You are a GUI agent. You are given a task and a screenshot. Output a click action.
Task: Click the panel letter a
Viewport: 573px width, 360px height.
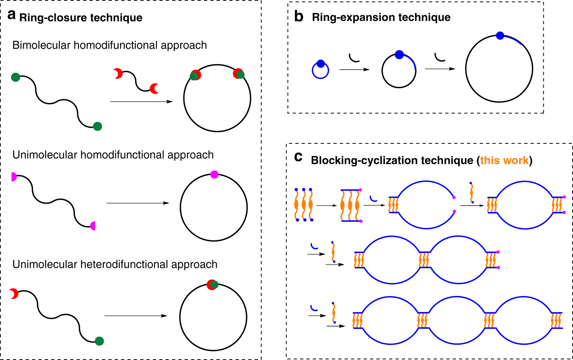coord(12,15)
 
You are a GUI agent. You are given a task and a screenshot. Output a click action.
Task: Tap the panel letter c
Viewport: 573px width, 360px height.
coord(298,157)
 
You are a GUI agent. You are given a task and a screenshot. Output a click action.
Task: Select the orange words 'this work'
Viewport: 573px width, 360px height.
coord(504,160)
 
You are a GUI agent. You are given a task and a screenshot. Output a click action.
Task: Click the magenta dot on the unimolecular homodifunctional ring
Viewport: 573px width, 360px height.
coord(214,175)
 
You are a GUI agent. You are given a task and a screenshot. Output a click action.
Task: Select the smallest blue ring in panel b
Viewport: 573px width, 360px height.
coord(320,70)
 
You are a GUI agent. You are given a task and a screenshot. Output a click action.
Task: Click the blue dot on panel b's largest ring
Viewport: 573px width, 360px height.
coord(500,36)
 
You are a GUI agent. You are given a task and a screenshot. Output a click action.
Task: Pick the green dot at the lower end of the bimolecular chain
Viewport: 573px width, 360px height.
coord(98,126)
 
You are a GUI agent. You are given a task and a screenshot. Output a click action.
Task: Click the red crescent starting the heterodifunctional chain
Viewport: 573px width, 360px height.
coord(14,293)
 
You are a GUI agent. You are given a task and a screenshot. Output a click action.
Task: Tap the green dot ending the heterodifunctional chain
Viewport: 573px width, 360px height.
coord(99,341)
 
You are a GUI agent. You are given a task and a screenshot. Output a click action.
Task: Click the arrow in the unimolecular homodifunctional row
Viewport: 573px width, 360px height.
coord(138,203)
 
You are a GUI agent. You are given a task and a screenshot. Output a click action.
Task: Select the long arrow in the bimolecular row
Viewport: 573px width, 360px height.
coord(141,102)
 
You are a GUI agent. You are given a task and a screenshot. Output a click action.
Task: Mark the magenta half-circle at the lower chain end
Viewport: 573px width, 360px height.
coord(92,226)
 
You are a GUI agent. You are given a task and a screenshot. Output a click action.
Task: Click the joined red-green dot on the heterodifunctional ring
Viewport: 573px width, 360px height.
coord(212,284)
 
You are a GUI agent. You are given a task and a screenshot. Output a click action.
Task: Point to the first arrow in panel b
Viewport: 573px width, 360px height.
coord(354,69)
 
